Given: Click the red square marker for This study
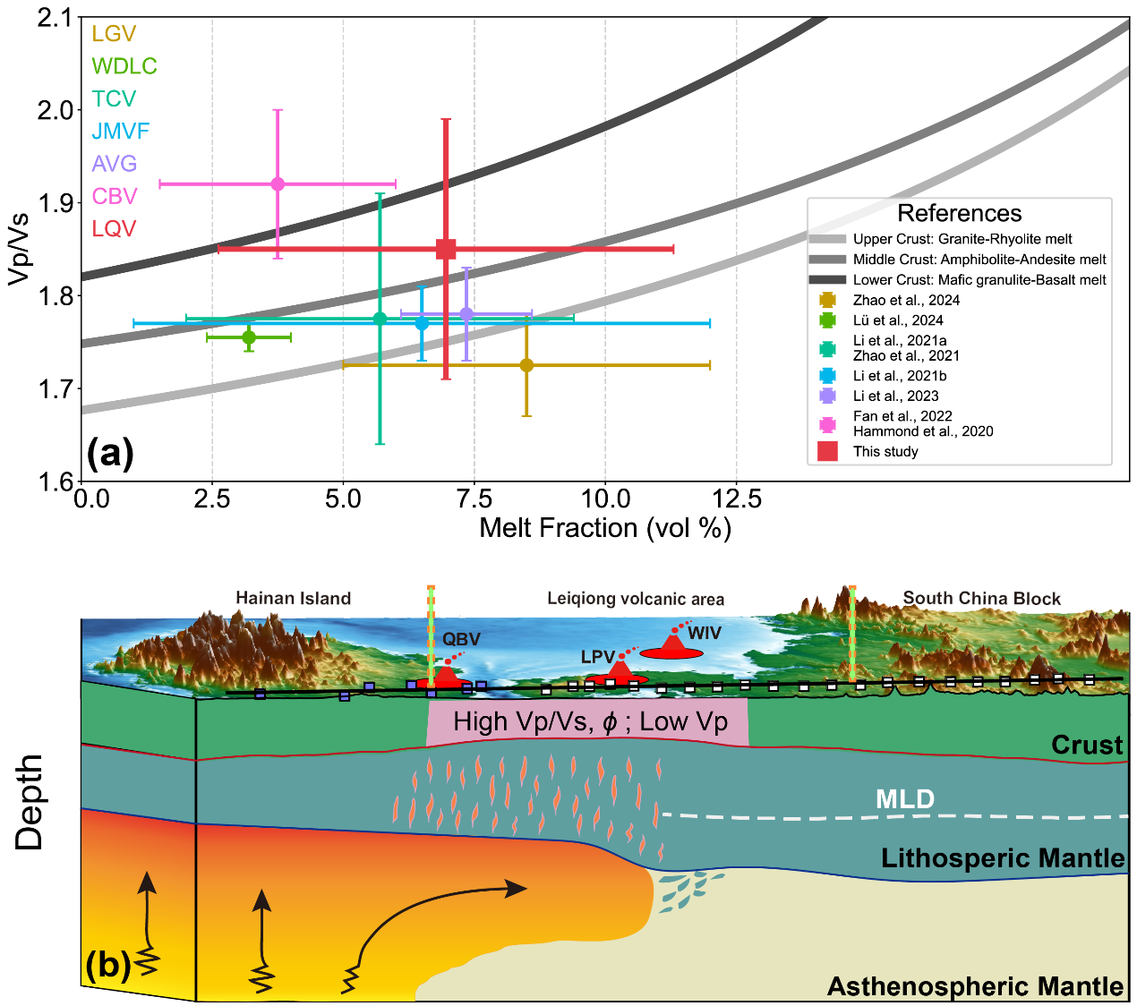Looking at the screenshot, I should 446,249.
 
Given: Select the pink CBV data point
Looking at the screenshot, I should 278,183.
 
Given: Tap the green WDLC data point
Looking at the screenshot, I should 249,337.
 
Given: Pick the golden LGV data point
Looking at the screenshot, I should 526,365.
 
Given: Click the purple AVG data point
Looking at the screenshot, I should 466,313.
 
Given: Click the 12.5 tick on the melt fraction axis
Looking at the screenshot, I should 737,499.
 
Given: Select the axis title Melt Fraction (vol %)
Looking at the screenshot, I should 605,528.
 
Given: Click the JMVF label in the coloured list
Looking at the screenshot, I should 120,132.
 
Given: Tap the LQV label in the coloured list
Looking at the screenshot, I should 114,229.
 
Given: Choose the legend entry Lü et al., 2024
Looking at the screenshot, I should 898,320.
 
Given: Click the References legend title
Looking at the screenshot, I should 959,213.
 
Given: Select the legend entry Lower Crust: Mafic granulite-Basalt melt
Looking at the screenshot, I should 979,280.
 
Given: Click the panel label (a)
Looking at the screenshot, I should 110,454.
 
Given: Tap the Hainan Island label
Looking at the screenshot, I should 293,599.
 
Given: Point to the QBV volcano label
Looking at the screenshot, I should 461,640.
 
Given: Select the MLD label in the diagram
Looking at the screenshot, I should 905,799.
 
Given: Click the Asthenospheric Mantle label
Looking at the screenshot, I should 975,986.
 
